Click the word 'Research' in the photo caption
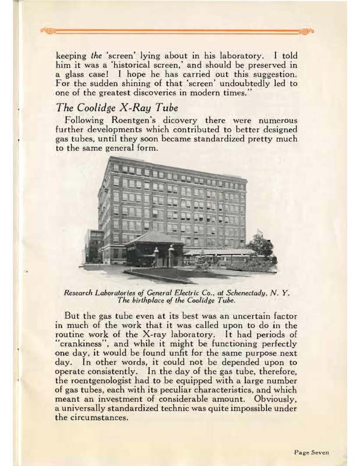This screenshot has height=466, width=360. tap(93, 292)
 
